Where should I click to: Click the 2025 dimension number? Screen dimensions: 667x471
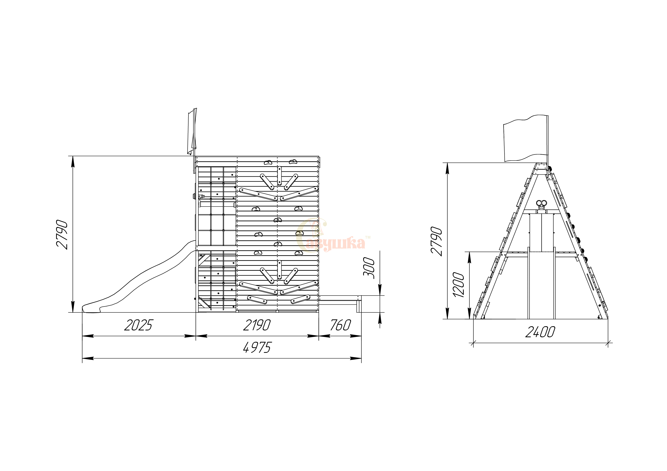[x=138, y=325]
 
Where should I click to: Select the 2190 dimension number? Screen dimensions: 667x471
[x=257, y=325]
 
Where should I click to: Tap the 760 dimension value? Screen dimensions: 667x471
[x=341, y=325]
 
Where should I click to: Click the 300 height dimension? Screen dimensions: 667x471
[x=369, y=268]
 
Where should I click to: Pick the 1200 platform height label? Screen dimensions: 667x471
[x=459, y=285]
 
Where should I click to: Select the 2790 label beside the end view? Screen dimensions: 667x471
[x=436, y=241]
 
